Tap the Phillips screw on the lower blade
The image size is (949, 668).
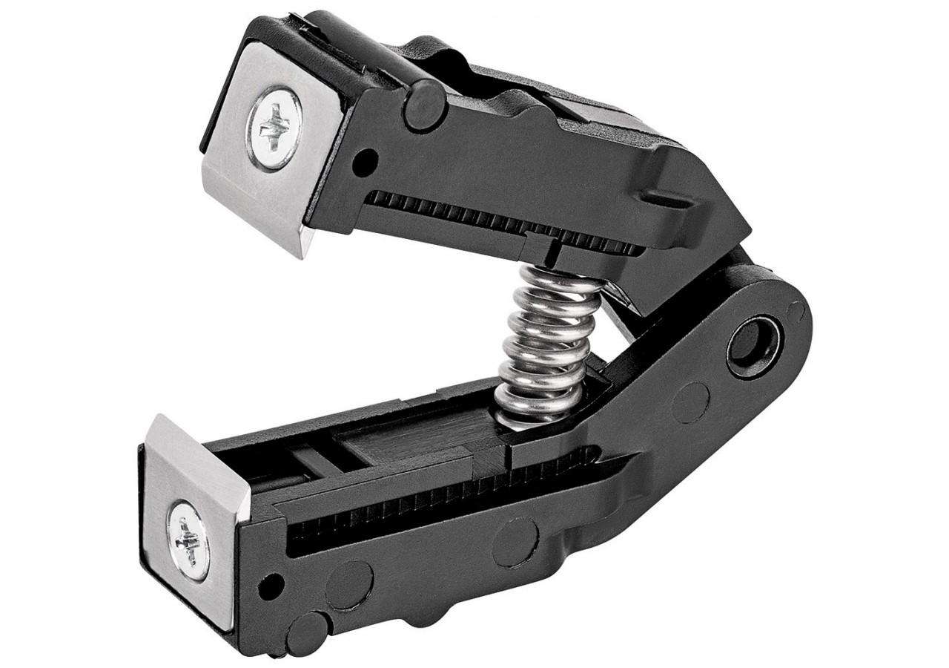point(186,535)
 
